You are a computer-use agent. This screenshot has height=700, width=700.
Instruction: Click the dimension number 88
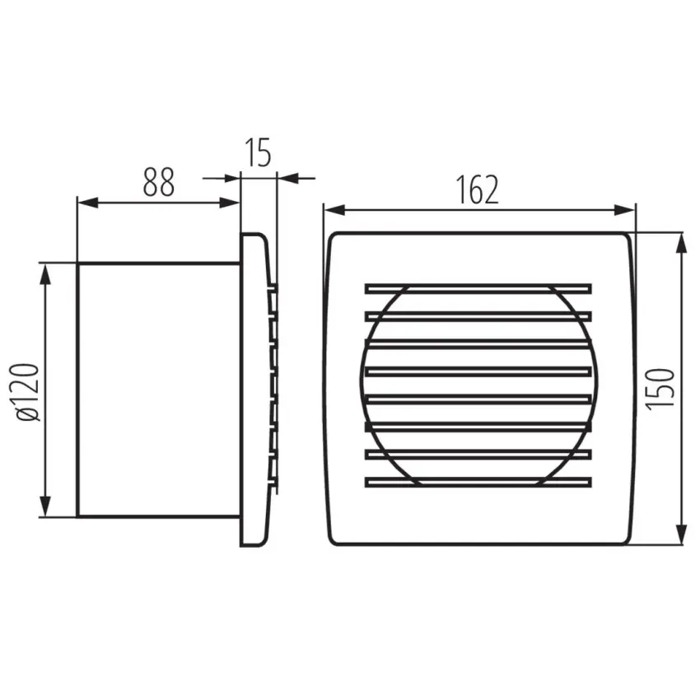158,182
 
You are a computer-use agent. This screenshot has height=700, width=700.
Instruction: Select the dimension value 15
258,152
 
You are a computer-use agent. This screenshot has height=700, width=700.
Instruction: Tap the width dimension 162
477,189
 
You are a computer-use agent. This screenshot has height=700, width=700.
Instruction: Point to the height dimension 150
660,389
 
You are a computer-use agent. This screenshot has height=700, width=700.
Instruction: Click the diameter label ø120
26,392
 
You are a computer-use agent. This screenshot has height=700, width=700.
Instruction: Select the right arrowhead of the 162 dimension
624,210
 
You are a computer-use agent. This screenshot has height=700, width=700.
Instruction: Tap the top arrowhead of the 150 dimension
681,244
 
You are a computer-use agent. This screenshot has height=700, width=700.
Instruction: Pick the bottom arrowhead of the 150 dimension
681,534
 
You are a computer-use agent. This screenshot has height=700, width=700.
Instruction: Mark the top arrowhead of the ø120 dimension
44,274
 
